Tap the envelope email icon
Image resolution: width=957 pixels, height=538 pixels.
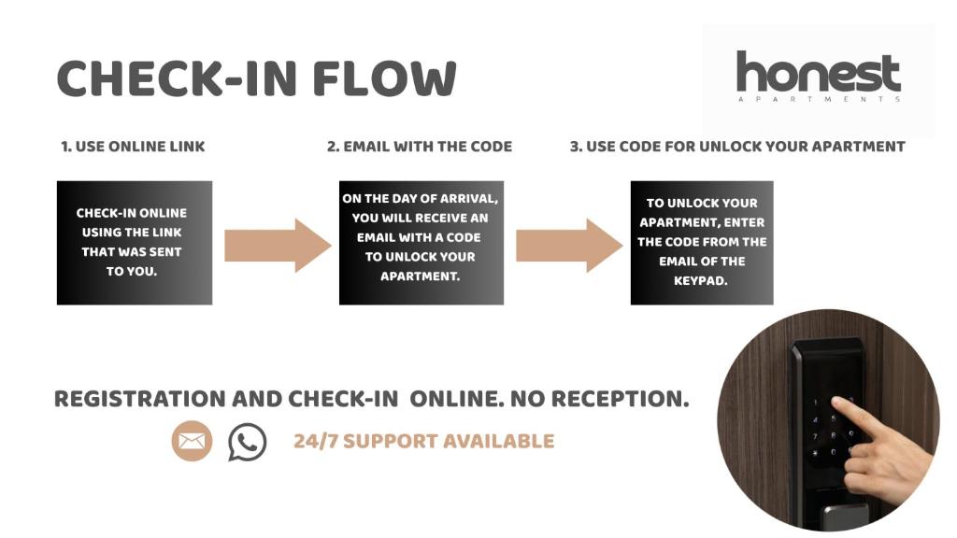[192, 441]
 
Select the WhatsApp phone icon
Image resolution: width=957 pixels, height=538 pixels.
[247, 442]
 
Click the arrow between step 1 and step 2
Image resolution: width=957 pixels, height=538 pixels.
[278, 246]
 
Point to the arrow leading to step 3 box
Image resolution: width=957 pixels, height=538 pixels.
[569, 246]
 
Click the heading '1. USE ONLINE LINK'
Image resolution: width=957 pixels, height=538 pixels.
[133, 147]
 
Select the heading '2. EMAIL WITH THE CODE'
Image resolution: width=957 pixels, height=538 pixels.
[420, 147]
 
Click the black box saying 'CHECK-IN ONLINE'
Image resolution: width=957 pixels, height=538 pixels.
[135, 243]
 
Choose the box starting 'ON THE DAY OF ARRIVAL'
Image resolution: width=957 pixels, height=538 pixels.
[421, 243]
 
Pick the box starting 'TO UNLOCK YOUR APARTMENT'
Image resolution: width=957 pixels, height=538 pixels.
[702, 243]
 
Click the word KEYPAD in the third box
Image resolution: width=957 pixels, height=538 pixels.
[701, 280]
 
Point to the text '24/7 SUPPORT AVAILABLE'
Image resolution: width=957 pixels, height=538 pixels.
[423, 441]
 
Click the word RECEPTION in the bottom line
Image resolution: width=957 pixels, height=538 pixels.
[620, 400]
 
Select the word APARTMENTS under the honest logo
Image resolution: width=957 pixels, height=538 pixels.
[819, 99]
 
